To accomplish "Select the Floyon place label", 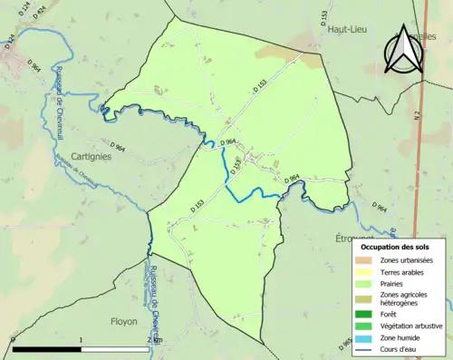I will pos(123,321).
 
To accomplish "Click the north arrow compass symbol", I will pos(402,50).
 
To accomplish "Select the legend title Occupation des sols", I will pos(396,247).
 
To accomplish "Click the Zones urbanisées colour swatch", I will pos(363,261).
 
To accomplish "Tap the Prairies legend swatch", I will pos(363,282).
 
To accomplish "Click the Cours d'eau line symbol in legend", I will pos(363,348).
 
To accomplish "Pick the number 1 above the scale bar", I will pos(82,340).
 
